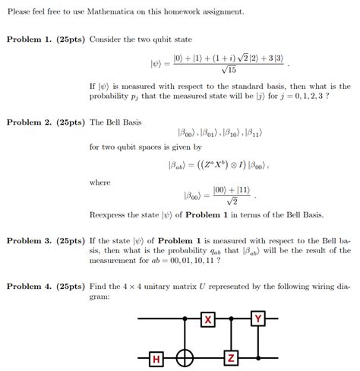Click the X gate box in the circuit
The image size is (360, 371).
[x=207, y=320]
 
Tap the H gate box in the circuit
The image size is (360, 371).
[x=156, y=357]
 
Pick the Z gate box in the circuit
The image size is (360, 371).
[x=231, y=357]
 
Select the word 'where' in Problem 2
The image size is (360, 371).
[x=99, y=182]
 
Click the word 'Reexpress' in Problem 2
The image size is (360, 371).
[x=109, y=214]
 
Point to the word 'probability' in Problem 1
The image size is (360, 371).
[x=112, y=97]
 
